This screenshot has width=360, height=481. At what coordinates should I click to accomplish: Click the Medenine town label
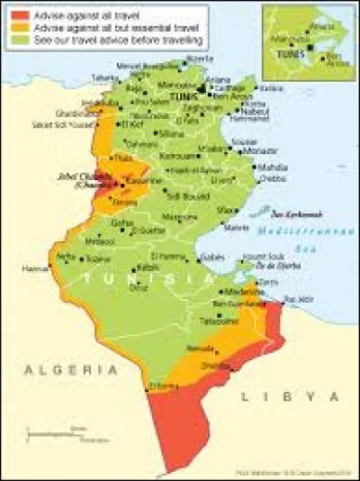click(x=241, y=291)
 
